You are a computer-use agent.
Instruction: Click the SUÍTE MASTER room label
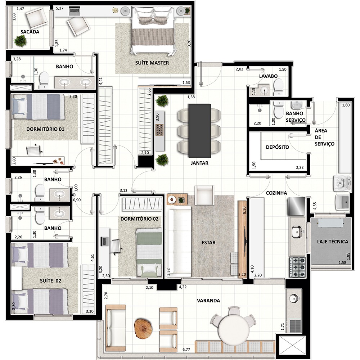tap(152, 63)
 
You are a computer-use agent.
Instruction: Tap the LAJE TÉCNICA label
tap(332, 242)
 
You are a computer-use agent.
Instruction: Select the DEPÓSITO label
tap(277, 147)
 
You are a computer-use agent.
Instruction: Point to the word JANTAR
tap(199, 163)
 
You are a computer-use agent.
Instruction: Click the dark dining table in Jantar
tap(199, 131)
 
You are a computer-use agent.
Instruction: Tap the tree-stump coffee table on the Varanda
tap(143, 328)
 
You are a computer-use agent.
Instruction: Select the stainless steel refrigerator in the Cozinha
tap(296, 206)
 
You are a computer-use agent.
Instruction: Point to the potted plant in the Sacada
tap(20, 41)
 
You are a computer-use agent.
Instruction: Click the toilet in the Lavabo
tap(279, 87)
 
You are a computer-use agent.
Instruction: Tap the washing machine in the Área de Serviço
tap(342, 183)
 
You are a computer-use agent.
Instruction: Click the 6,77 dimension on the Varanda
tap(186, 350)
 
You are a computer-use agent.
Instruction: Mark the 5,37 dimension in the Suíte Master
tap(60, 8)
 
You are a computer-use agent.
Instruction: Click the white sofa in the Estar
tap(179, 241)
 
